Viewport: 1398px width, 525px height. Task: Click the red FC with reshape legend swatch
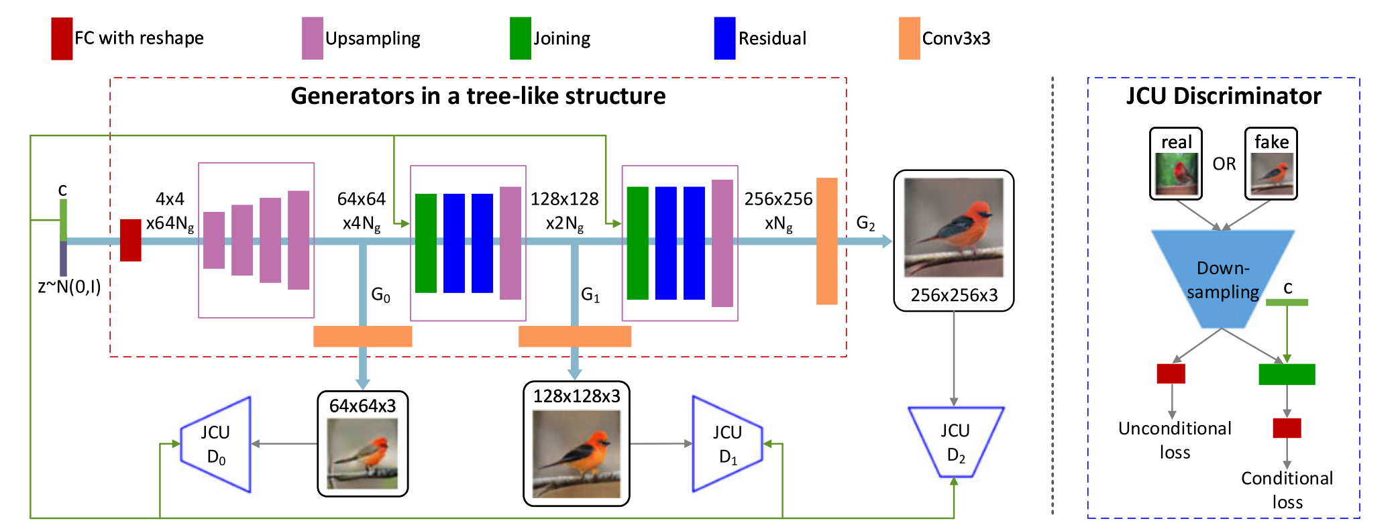click(62, 39)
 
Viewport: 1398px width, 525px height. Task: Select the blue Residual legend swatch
click(724, 39)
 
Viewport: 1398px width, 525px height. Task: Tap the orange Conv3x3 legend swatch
click(909, 39)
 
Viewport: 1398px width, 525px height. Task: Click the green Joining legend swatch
click(520, 39)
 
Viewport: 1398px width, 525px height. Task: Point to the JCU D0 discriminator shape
click(217, 445)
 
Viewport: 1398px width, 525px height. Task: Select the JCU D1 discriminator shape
click(727, 444)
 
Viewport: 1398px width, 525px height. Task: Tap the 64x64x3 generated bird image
click(362, 453)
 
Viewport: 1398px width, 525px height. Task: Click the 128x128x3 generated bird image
click(576, 453)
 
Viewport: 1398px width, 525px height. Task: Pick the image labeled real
click(1176, 173)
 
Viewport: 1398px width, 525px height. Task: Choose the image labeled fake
click(1271, 173)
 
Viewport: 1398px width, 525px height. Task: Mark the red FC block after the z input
click(130, 240)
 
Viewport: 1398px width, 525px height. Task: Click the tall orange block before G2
click(826, 241)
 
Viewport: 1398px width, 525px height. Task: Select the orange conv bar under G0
click(362, 336)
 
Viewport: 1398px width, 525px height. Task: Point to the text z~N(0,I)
click(69, 287)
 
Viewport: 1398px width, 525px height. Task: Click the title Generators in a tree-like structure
click(478, 96)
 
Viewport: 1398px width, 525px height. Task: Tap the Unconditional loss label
click(1175, 440)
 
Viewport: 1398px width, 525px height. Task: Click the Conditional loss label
click(1287, 489)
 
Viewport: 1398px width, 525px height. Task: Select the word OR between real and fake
click(1224, 164)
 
